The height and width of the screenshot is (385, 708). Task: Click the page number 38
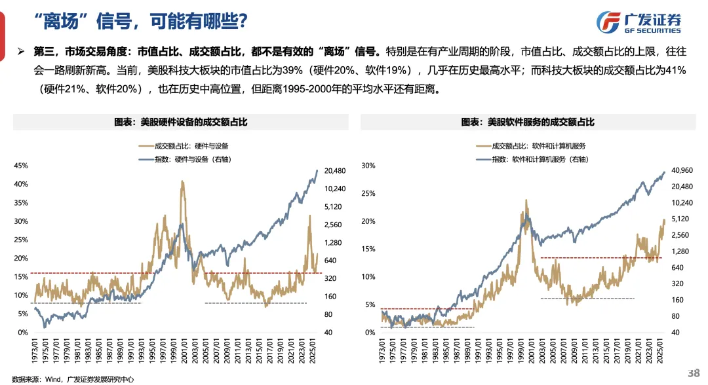point(693,373)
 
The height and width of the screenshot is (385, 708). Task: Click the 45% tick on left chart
point(22,166)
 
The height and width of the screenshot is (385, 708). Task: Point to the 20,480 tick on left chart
point(335,171)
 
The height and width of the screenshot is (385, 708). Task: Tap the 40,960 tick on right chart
point(682,170)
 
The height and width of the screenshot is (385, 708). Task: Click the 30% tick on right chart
point(369,166)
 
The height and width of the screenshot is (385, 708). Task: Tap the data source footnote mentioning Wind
point(64,378)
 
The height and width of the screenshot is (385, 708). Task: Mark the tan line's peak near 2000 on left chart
point(182,182)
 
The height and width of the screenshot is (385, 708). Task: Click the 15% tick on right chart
point(369,249)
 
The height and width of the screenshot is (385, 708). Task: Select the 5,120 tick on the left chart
point(332,206)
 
